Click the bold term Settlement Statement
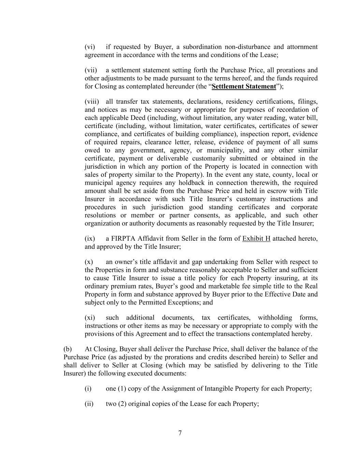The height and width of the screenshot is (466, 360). (x=243, y=86)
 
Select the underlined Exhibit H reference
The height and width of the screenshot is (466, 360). (x=256, y=239)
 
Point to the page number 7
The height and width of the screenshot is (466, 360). (x=180, y=433)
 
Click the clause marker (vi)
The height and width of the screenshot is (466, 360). (x=90, y=47)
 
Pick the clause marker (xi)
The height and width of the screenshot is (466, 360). (x=90, y=317)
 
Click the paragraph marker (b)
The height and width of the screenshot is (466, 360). (x=68, y=349)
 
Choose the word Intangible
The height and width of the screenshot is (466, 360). (x=220, y=389)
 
